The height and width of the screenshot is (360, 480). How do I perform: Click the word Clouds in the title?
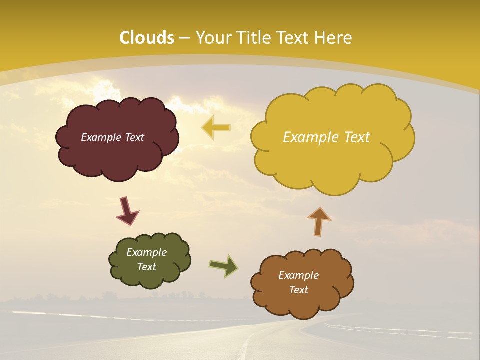147,38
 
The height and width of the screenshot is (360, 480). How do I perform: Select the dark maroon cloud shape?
117,155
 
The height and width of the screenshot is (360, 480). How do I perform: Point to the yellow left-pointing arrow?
216,128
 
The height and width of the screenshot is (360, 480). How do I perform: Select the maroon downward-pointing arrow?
127,211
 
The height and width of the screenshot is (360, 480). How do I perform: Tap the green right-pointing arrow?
224,266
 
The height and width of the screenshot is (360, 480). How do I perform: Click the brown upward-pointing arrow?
319,221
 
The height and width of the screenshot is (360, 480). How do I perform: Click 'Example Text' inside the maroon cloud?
112,137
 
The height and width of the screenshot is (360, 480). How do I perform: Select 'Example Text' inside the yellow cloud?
326,137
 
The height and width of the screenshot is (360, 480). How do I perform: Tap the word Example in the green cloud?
146,252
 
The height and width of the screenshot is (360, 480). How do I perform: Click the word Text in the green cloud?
146,267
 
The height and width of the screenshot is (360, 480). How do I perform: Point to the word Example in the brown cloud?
298,275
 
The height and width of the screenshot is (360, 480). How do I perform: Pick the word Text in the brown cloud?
298,290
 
